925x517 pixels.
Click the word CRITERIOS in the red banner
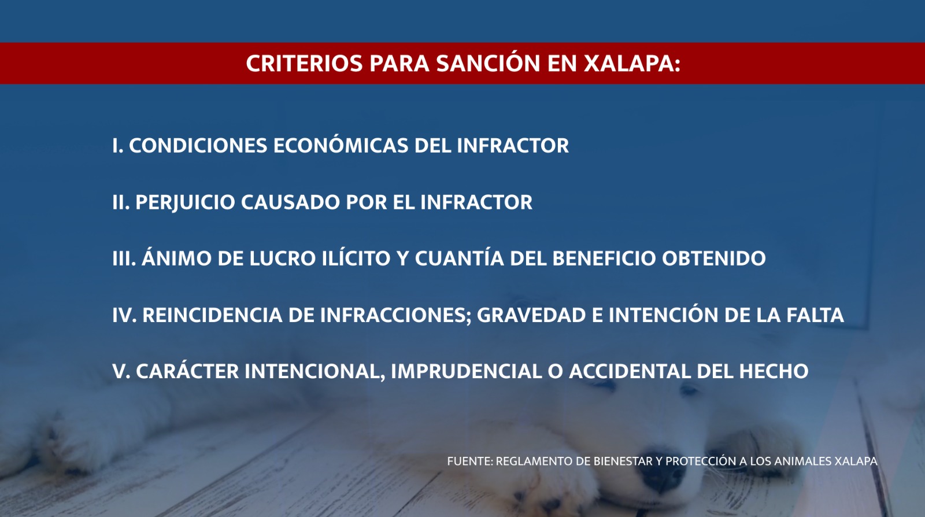pos(304,63)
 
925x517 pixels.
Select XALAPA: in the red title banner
pos(632,63)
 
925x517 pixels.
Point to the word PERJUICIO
pos(186,202)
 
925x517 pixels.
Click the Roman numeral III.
pos(124,258)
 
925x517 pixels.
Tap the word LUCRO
pos(283,258)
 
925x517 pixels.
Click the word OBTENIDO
pos(714,258)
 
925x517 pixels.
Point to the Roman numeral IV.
pos(124,315)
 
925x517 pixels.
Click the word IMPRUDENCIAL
pos(466,371)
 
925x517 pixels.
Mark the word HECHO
pos(774,371)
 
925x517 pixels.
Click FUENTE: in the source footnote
pos(470,461)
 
